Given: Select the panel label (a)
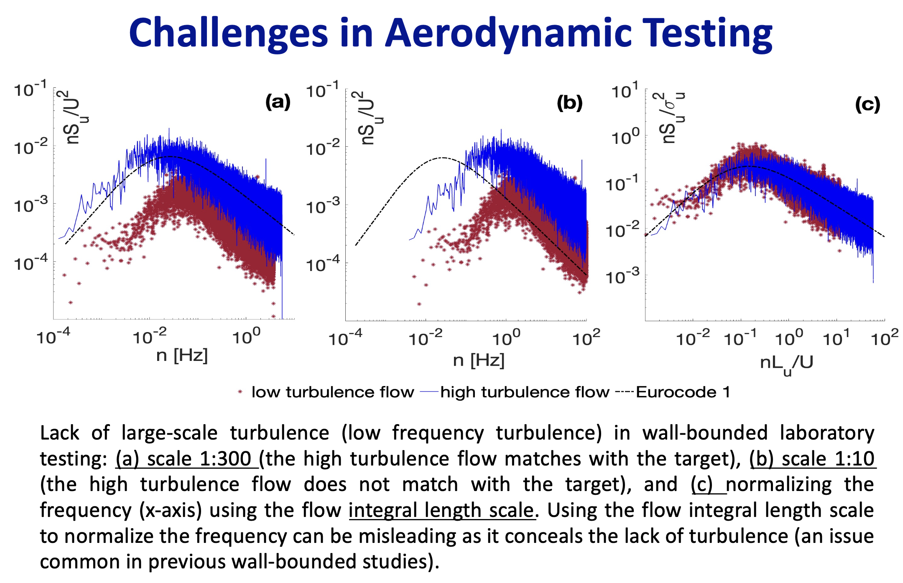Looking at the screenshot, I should click(278, 102).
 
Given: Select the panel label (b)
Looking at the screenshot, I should click(569, 103).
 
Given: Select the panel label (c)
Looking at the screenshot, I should click(867, 104).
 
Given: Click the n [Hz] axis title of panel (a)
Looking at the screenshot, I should click(182, 355).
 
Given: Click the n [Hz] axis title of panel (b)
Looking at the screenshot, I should click(479, 360).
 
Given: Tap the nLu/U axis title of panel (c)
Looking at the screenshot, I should click(786, 363).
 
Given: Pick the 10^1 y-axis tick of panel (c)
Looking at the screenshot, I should click(625, 91).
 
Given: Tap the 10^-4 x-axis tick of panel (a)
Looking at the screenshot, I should click(53, 337).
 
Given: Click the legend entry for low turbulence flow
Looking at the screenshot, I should click(332, 392).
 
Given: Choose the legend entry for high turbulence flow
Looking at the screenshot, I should click(525, 392).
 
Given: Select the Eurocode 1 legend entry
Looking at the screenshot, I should click(683, 392).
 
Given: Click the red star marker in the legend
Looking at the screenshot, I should click(240, 392).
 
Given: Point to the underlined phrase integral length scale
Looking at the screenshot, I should click(441, 511).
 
